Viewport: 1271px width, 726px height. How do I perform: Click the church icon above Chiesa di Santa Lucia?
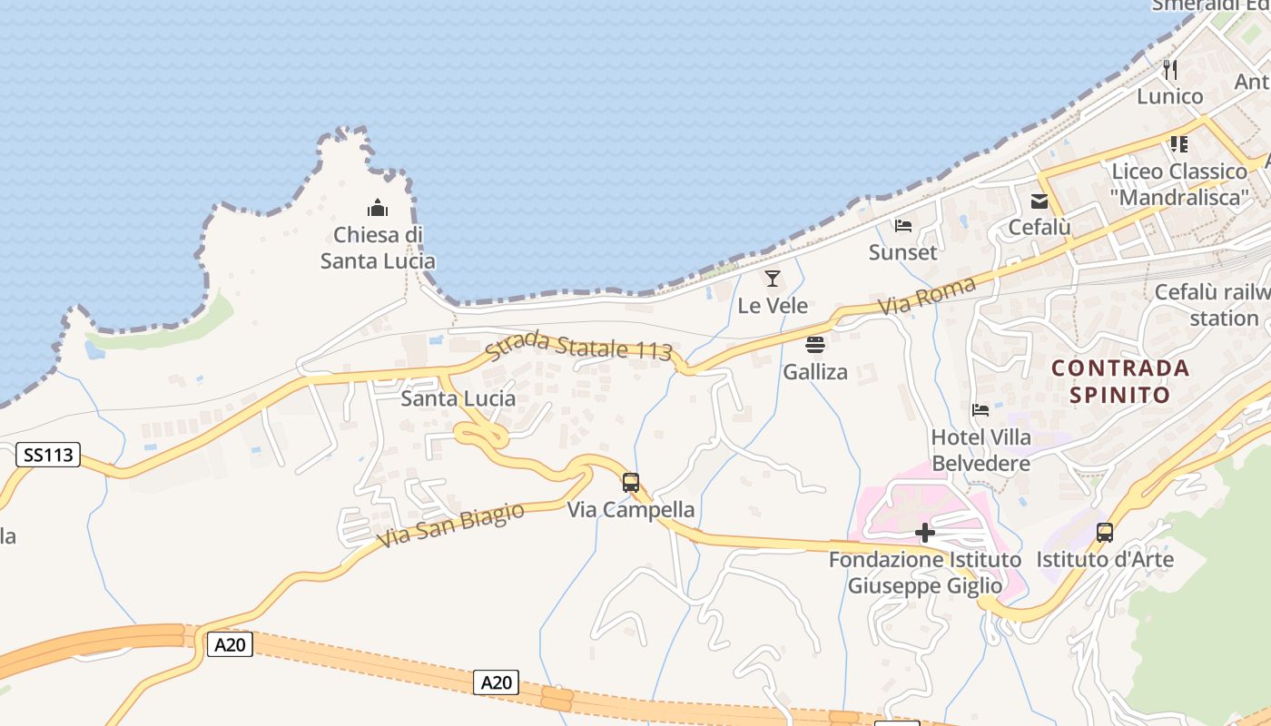coord(378,209)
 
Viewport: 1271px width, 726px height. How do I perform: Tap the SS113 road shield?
coord(48,455)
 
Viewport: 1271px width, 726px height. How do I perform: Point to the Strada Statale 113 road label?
coord(579,346)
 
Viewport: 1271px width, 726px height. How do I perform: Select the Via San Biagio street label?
coord(452,525)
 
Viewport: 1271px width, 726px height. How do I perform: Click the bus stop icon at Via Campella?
coord(631,482)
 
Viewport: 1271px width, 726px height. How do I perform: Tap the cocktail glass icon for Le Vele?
coord(773,279)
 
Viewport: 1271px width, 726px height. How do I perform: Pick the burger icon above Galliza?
coord(815,345)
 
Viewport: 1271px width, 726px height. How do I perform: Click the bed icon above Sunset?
coord(902,225)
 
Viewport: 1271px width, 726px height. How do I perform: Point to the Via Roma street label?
coord(927,297)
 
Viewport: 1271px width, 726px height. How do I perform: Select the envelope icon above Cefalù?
coord(1039,201)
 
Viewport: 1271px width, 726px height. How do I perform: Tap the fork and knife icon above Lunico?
coord(1170,69)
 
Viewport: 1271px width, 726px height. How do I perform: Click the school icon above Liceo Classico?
coord(1179,143)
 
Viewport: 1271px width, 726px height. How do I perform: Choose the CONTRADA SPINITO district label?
coord(1120,381)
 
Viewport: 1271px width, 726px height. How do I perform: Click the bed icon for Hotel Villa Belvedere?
coord(980,410)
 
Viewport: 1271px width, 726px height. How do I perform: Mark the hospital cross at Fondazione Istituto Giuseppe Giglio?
coord(925,532)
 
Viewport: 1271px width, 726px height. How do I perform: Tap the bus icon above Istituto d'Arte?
coord(1105,532)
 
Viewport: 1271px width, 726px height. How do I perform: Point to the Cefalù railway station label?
coord(1212,305)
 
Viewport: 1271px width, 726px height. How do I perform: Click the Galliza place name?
coord(815,372)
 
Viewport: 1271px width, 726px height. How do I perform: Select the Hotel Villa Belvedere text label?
coord(981,450)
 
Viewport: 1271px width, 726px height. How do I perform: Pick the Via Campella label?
coord(631,510)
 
